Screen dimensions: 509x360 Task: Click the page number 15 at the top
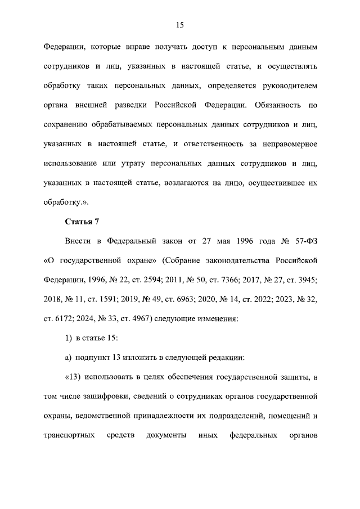(x=180, y=25)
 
